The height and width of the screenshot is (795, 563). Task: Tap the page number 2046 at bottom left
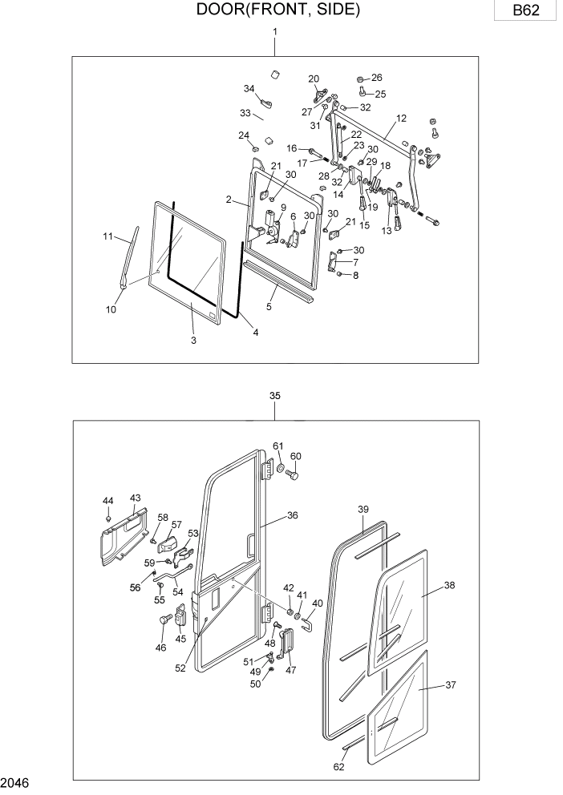pos(16,781)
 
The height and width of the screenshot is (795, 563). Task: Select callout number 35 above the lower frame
pos(275,396)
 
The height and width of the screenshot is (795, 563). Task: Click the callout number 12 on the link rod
pos(400,117)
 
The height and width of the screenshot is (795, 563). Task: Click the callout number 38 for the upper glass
pos(449,586)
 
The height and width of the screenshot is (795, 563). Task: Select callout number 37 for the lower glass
pos(449,685)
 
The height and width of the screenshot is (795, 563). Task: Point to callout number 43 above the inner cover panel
pos(135,498)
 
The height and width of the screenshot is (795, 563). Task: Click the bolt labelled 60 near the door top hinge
pos(292,476)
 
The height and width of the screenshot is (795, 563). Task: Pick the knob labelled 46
pos(164,619)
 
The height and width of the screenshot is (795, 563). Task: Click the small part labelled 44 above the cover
pos(108,518)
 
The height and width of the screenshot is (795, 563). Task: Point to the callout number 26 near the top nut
pos(376,78)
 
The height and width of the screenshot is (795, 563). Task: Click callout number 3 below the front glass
pos(193,341)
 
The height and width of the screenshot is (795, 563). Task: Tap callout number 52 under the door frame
pos(181,668)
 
